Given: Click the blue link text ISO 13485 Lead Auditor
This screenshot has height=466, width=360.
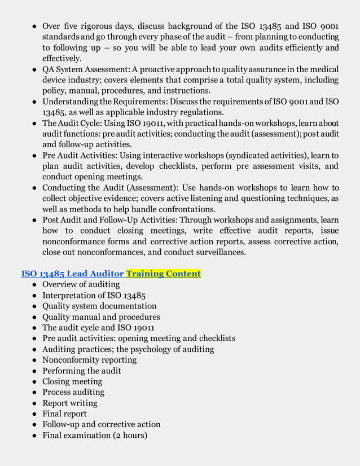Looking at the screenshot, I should [x=72, y=274].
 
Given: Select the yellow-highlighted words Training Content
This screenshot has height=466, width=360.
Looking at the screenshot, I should [x=164, y=274].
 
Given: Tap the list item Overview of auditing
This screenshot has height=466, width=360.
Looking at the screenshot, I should [x=81, y=284].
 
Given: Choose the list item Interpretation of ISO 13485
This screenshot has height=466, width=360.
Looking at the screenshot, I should [x=94, y=295].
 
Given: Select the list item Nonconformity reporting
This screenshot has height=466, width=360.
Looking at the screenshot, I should [x=89, y=359].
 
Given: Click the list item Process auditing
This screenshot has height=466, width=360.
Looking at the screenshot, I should [x=73, y=392].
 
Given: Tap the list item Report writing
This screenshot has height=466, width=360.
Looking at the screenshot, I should [x=69, y=403].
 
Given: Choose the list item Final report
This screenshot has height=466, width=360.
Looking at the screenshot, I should [x=64, y=414].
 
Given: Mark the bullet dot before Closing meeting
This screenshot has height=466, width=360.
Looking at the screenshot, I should [x=35, y=382].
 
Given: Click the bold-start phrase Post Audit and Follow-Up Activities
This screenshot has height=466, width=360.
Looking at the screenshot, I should [x=111, y=219].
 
